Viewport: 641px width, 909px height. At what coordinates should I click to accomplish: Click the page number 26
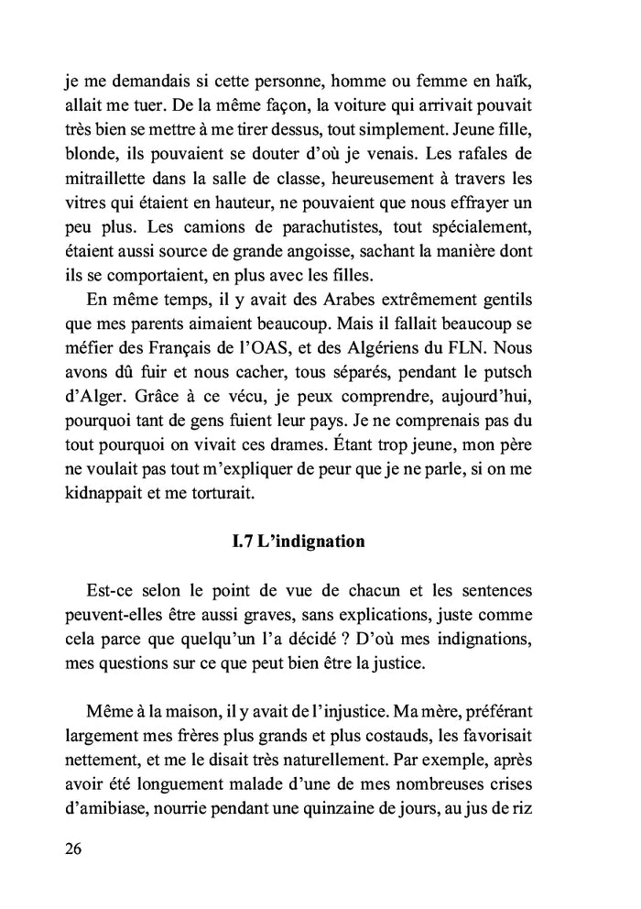tap(74, 848)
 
